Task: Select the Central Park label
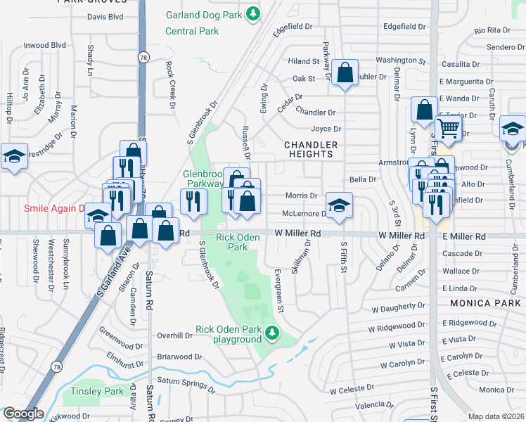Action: click(x=191, y=31)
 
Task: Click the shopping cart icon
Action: click(x=447, y=128)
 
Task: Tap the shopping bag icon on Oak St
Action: click(x=345, y=72)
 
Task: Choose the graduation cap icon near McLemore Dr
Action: click(x=339, y=205)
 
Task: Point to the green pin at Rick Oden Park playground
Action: click(x=270, y=331)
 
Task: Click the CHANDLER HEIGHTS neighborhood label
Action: click(x=311, y=149)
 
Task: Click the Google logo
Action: click(x=23, y=414)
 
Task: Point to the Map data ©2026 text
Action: click(x=495, y=416)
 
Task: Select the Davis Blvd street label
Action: click(x=105, y=16)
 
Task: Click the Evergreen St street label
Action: click(x=279, y=290)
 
